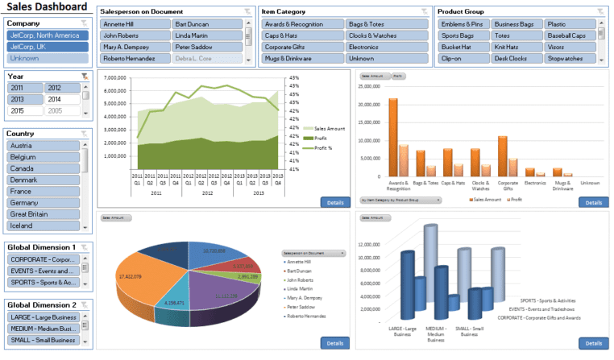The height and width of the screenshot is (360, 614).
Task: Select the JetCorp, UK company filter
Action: click(46, 47)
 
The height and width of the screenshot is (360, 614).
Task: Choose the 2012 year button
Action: click(63, 88)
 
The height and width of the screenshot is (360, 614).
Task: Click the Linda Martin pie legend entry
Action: click(300, 288)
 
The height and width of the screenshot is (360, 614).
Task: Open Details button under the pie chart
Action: click(335, 343)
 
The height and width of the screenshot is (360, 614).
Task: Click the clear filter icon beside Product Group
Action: click(599, 11)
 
